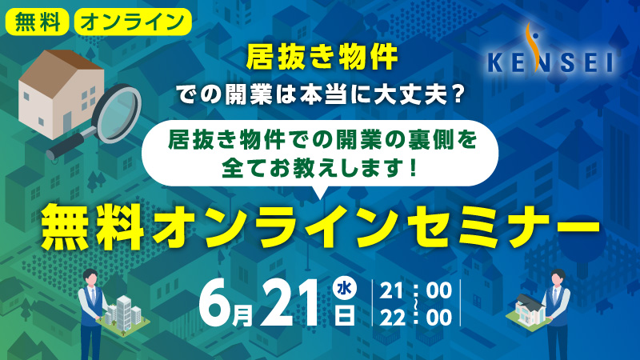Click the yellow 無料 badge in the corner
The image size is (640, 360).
point(37,22)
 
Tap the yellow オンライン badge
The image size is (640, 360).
point(133,22)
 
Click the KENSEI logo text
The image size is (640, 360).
point(550,63)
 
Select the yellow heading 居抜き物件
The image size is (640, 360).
point(322,58)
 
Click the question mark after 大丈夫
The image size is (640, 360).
point(458,94)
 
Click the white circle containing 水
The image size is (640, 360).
point(345,289)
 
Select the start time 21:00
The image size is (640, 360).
point(415,291)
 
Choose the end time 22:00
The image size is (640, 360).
point(415,318)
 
